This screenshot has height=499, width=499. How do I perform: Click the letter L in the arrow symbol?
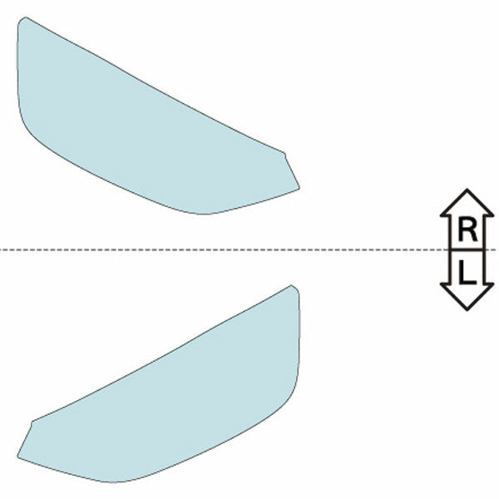click(x=467, y=271)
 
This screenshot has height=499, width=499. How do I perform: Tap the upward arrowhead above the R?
click(x=467, y=200)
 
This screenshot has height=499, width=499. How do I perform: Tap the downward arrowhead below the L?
click(x=467, y=300)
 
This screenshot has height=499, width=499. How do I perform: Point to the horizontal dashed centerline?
click(x=249, y=249)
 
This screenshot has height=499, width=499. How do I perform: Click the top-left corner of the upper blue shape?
click(x=25, y=17)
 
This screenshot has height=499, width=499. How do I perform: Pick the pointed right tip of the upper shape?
click(x=299, y=189)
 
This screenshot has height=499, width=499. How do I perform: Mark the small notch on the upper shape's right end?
click(x=284, y=152)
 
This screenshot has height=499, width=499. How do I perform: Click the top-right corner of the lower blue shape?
click(x=292, y=286)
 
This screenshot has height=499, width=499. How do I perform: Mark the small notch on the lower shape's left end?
click(x=33, y=422)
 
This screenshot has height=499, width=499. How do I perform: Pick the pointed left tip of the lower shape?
click(x=19, y=457)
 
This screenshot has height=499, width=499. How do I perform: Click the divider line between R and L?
click(x=467, y=249)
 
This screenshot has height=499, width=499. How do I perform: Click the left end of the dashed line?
click(x=2, y=249)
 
